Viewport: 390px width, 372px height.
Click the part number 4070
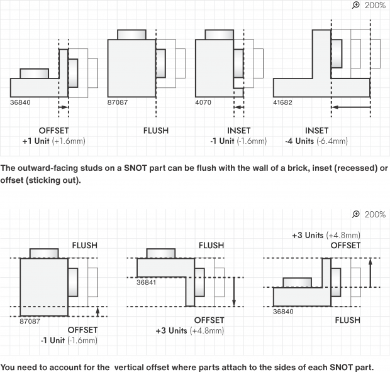(203, 102)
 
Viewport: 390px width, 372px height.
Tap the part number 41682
(283, 102)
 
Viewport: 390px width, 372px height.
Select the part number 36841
(146, 282)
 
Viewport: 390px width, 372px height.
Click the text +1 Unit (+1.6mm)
(53, 141)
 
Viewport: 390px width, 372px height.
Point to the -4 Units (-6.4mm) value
(316, 141)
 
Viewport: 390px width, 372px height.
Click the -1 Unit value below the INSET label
(238, 141)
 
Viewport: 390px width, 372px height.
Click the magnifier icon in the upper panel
(357, 5)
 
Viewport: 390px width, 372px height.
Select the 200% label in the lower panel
(376, 214)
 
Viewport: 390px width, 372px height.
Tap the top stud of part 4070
(220, 35)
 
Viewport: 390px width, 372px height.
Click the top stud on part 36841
(161, 253)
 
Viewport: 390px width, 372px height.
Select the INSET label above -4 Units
(316, 131)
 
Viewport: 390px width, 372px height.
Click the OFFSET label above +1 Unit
(53, 131)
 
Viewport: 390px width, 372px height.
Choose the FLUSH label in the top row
(155, 131)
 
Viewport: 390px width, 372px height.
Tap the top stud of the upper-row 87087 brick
(132, 35)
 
